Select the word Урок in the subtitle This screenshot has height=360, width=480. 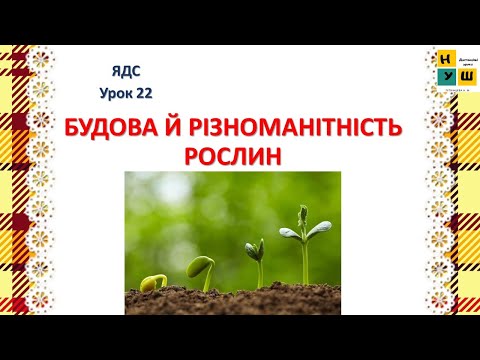tap(116, 93)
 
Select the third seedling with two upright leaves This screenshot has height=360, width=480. tap(255, 249)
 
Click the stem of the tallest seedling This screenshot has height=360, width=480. tap(304, 262)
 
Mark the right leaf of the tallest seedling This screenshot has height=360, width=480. tap(319, 229)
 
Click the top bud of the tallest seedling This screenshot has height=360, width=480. tap(303, 212)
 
